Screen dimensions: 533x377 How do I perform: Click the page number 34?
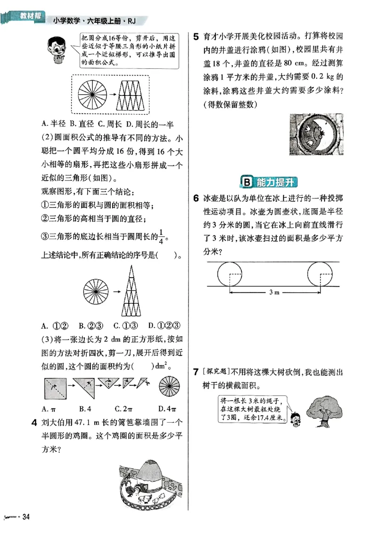[26, 517]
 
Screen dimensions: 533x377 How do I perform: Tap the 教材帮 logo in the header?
[27, 17]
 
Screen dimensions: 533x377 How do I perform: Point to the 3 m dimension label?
[274, 292]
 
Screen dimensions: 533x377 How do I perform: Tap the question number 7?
[194, 373]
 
